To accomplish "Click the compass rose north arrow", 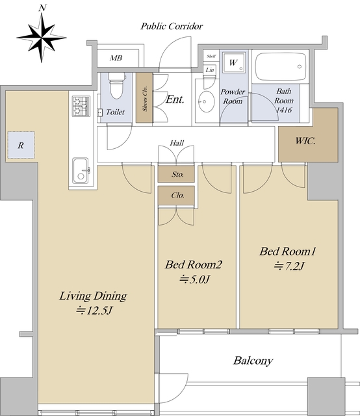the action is (x=42, y=37).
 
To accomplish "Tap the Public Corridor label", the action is (x=172, y=26).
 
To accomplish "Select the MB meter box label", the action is (x=116, y=58).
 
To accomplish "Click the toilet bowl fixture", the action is (x=117, y=85).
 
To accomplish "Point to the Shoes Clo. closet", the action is (x=144, y=97).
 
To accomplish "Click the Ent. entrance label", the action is (x=175, y=99).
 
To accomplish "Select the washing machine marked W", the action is (x=233, y=62).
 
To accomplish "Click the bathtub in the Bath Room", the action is (x=281, y=66).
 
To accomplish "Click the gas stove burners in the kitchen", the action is (x=81, y=106).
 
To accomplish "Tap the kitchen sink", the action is (x=81, y=170).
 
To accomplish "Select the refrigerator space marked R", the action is (x=21, y=145).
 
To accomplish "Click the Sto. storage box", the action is (x=176, y=174).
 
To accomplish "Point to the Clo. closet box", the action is (x=176, y=196).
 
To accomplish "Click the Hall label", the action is (x=177, y=143).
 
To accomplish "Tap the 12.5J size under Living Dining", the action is (x=95, y=311).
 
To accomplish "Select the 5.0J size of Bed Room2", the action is (x=195, y=279).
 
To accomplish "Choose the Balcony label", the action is (x=253, y=361).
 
